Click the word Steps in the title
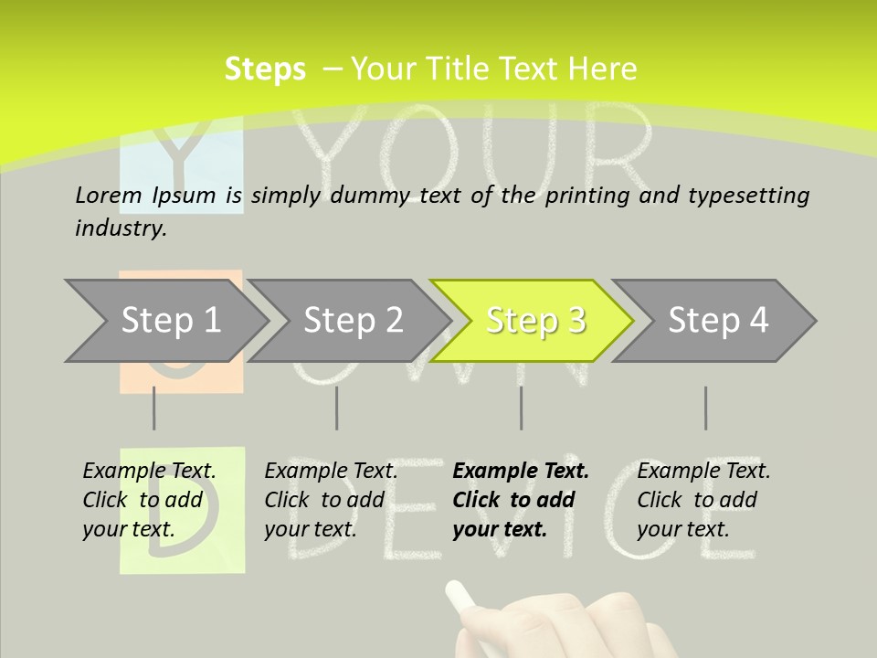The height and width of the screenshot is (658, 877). [x=265, y=69]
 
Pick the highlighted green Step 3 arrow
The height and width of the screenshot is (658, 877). [x=535, y=320]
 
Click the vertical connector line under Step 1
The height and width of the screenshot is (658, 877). [x=153, y=408]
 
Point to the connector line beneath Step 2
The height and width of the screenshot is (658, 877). [x=336, y=408]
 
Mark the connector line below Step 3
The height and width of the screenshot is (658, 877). [x=521, y=408]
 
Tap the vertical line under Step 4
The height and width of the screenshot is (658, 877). [x=705, y=408]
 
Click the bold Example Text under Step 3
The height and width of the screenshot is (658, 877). [x=521, y=472]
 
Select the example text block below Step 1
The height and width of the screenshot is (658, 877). [x=149, y=500]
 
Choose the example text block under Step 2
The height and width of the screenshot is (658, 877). [x=331, y=500]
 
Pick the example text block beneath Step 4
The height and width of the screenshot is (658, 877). [x=703, y=500]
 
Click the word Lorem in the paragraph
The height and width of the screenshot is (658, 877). [x=109, y=195]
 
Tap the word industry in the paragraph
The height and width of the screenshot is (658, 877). [x=121, y=228]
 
